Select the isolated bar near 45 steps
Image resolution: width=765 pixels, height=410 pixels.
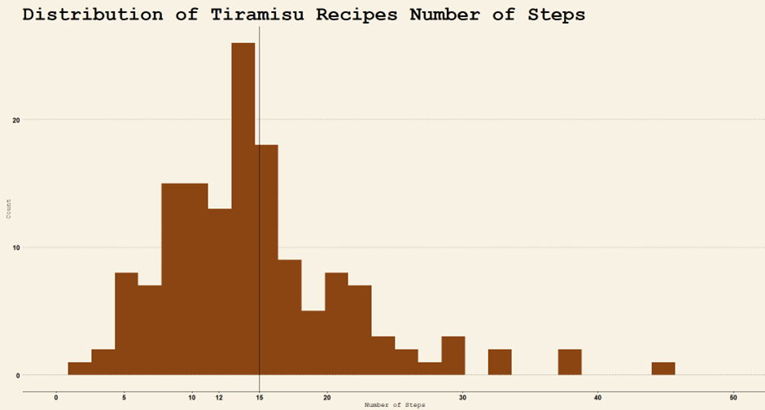[663, 369]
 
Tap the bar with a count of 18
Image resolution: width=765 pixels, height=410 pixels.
[267, 260]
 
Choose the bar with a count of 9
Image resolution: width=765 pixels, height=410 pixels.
[290, 317]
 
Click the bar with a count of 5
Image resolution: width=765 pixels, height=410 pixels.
[313, 342]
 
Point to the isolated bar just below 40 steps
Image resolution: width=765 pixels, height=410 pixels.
[570, 362]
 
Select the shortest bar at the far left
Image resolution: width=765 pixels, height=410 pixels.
[80, 369]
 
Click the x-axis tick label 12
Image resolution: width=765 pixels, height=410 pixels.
[219, 397]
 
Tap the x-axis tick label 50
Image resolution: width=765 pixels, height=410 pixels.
[733, 397]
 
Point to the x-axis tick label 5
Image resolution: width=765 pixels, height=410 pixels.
[124, 397]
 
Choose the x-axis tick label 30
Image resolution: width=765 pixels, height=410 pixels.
[462, 397]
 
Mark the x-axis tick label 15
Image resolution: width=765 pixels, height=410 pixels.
[259, 397]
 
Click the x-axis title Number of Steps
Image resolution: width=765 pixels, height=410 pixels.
[394, 404]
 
